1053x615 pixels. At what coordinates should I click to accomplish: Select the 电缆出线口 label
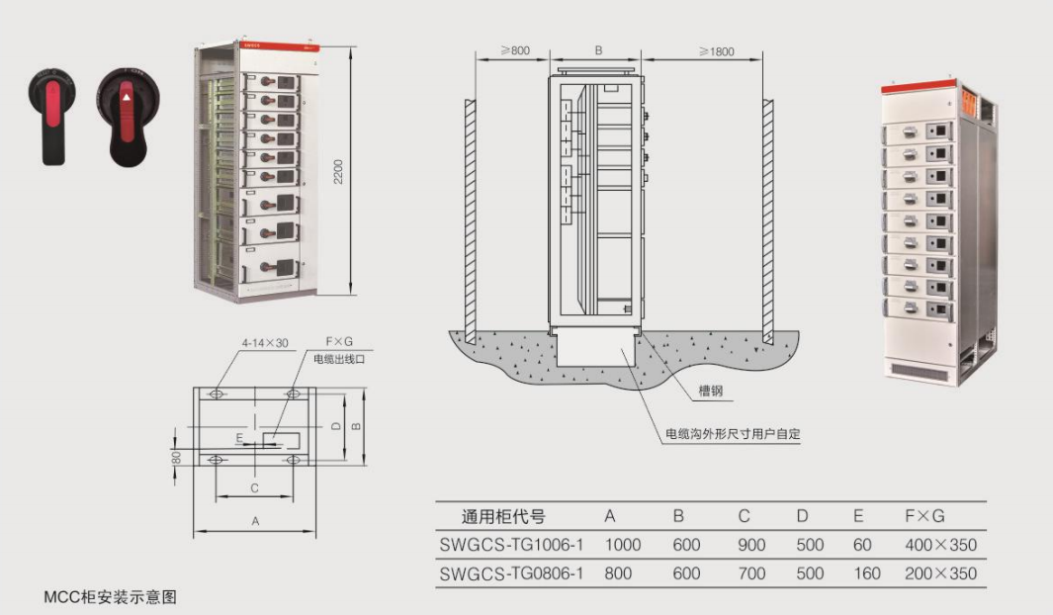click(339, 359)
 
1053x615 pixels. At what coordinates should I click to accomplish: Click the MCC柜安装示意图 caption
click(110, 597)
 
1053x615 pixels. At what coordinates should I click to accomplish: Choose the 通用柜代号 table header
click(503, 516)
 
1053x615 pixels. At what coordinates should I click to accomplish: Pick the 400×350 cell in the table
click(940, 545)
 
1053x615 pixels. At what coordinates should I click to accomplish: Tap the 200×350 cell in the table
click(940, 573)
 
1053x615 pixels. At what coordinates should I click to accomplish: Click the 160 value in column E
click(866, 573)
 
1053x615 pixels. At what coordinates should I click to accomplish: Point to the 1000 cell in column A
click(623, 545)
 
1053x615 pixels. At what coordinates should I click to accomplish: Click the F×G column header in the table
click(924, 516)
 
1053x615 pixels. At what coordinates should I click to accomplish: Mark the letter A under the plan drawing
click(255, 519)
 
